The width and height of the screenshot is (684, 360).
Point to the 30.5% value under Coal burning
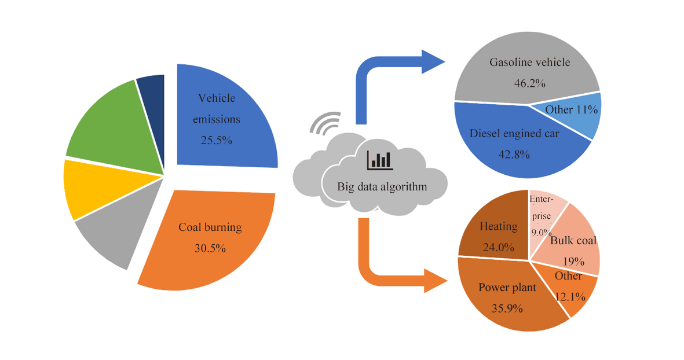(206, 248)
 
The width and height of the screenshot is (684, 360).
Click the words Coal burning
(210, 227)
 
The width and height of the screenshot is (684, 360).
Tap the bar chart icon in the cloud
(379, 160)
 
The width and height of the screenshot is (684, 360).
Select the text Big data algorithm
(382, 186)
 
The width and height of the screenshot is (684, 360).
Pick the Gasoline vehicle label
(530, 63)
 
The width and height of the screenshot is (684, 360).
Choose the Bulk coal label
(573, 241)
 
